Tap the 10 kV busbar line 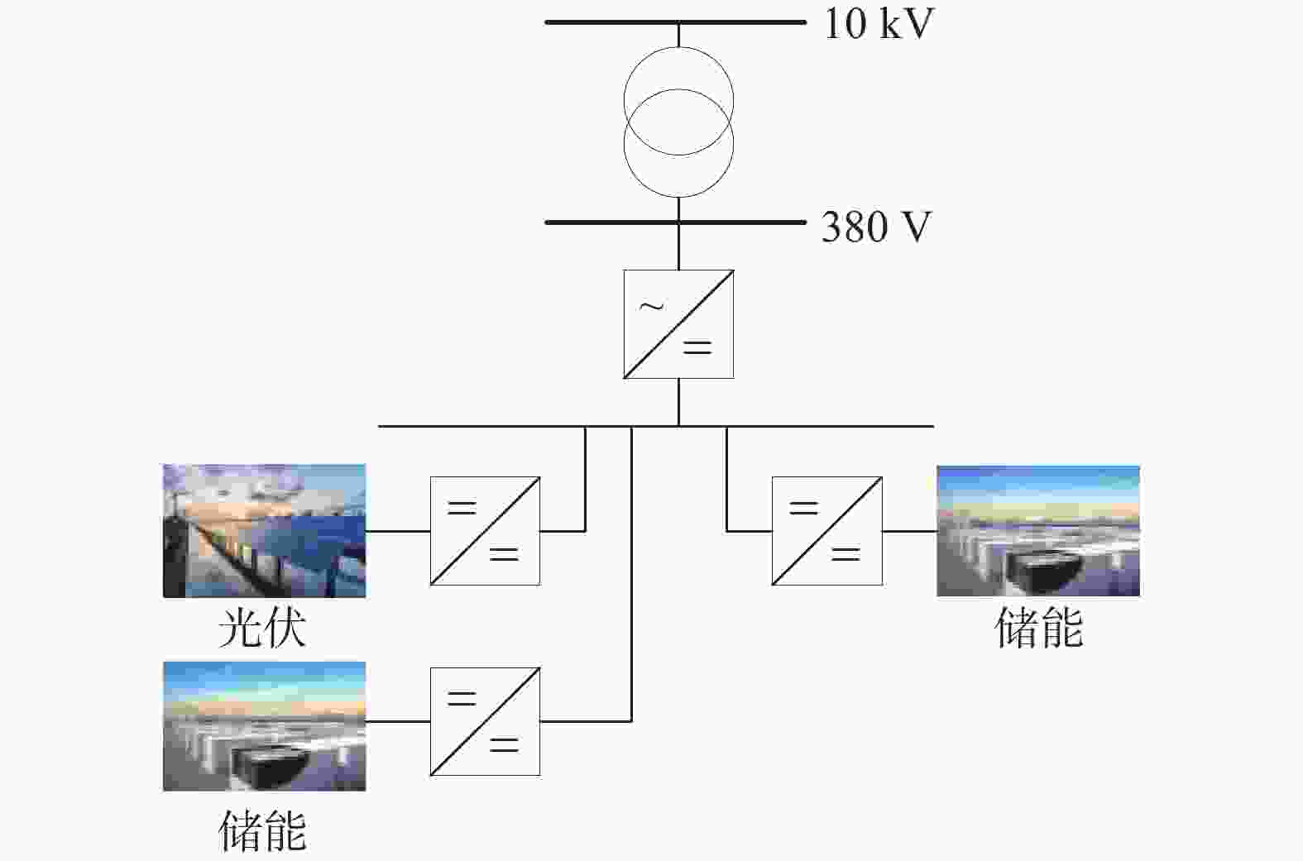click(675, 22)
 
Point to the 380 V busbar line click(675, 222)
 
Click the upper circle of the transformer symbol click(678, 47)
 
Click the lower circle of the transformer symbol click(678, 197)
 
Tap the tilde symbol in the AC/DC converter click(652, 305)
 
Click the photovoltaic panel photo click(264, 531)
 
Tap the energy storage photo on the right click(1038, 531)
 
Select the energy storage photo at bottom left click(264, 726)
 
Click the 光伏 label click(262, 629)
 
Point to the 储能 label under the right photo click(1039, 628)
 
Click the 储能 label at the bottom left click(262, 830)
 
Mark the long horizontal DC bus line click(656, 426)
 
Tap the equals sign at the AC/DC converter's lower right click(697, 347)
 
